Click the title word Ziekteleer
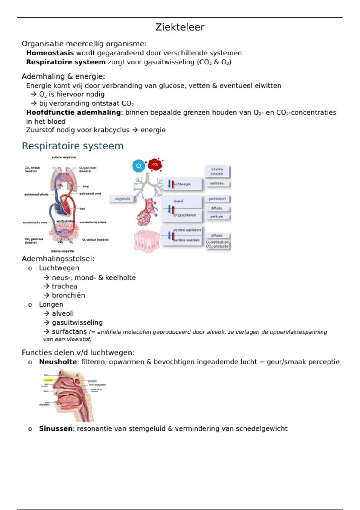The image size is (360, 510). pyautogui.click(x=180, y=27)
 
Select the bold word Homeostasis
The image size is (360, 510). pyautogui.click(x=50, y=53)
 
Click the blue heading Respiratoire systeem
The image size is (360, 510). pyautogui.click(x=73, y=146)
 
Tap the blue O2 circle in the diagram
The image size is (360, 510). pyautogui.click(x=139, y=166)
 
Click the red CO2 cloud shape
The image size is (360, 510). pyautogui.click(x=155, y=164)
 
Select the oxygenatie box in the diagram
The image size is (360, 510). pyautogui.click(x=123, y=199)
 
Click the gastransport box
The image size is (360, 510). pyautogui.click(x=217, y=199)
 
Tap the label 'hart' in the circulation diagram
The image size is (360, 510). pyautogui.click(x=82, y=208)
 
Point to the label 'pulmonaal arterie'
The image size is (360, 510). pyautogui.click(x=36, y=194)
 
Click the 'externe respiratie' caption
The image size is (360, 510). pyautogui.click(x=64, y=157)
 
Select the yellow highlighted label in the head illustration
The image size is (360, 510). pyautogui.click(x=48, y=380)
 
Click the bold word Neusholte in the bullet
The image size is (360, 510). pyautogui.click(x=58, y=362)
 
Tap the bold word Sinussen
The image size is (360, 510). pyautogui.click(x=55, y=428)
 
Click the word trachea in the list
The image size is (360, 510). pyautogui.click(x=64, y=286)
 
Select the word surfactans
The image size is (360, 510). pyautogui.click(x=69, y=332)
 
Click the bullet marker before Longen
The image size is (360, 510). pyautogui.click(x=30, y=305)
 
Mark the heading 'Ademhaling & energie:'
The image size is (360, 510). pyautogui.click(x=63, y=76)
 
